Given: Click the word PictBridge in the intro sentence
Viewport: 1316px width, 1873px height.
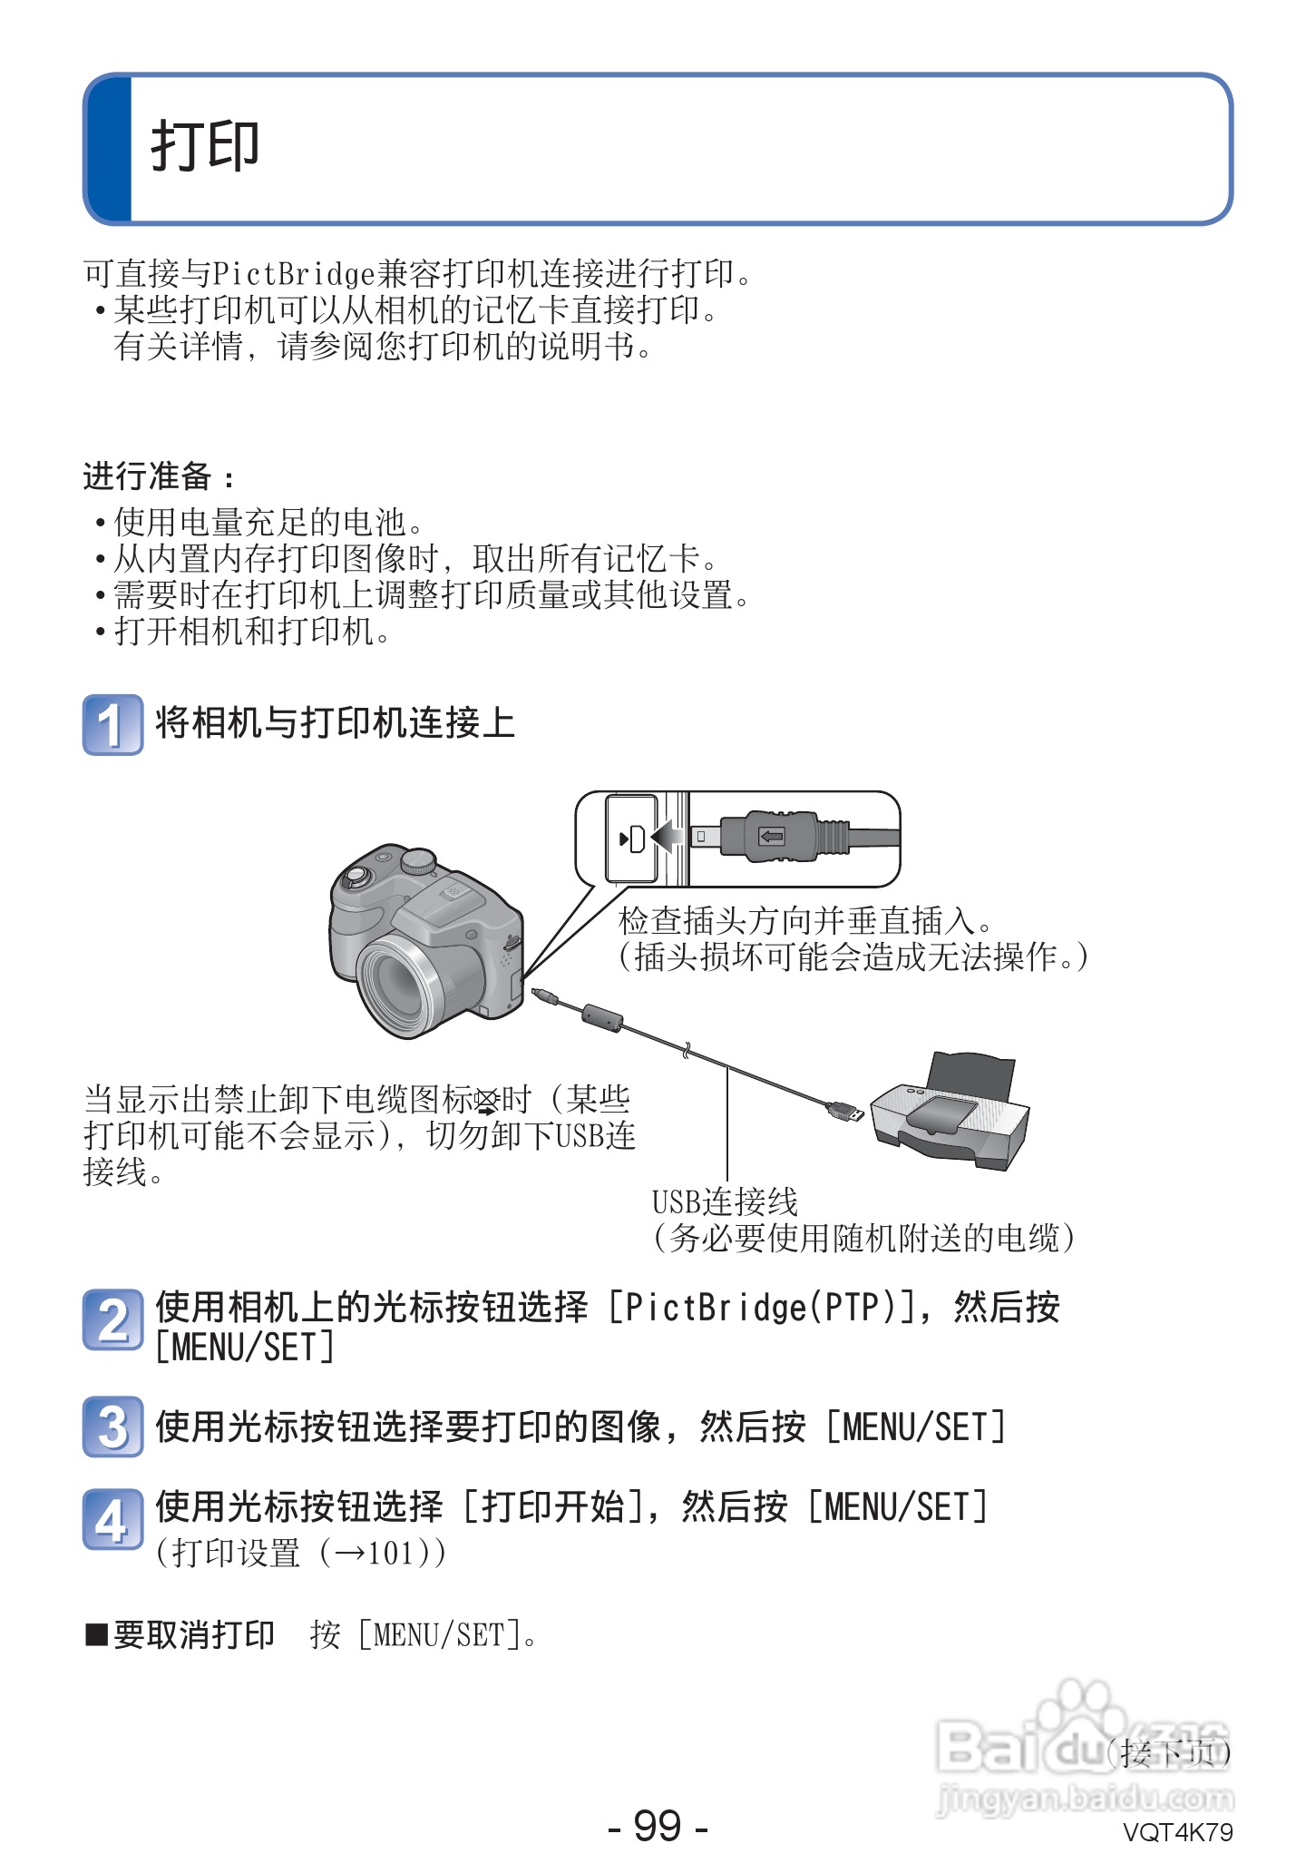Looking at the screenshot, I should pyautogui.click(x=293, y=273).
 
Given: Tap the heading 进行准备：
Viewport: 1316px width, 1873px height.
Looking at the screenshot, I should pyautogui.click(x=160, y=476).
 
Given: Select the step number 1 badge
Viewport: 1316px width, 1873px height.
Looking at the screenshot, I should pyautogui.click(x=112, y=724).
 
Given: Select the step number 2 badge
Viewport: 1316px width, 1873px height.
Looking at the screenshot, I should pyautogui.click(x=112, y=1319).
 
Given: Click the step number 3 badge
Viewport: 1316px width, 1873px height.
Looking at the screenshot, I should pyautogui.click(x=112, y=1427).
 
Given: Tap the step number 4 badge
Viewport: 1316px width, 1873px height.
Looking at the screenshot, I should pyautogui.click(x=112, y=1519).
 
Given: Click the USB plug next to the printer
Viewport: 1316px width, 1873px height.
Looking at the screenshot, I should pyautogui.click(x=844, y=1110).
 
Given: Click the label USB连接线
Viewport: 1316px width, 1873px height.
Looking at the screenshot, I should pyautogui.click(x=725, y=1202).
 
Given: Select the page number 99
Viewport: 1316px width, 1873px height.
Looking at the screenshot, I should pyautogui.click(x=658, y=1825).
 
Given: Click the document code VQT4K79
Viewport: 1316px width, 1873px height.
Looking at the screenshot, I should pyautogui.click(x=1177, y=1832).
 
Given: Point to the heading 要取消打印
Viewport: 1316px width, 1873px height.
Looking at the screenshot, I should pyautogui.click(x=192, y=1635).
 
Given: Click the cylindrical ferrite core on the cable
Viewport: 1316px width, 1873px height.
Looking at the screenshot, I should pyautogui.click(x=601, y=1018).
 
